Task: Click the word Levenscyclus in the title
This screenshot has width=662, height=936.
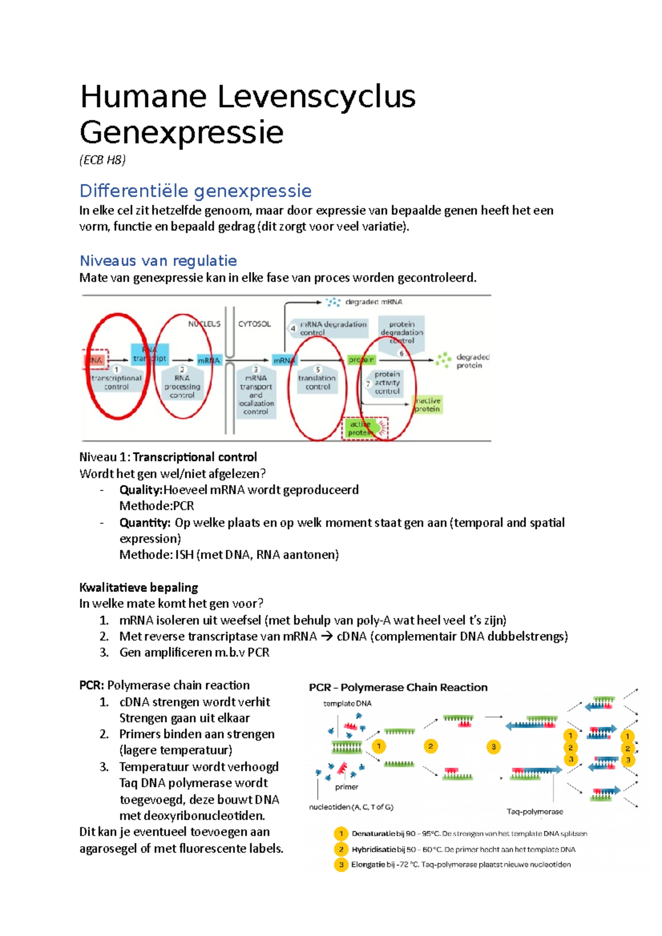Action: (x=316, y=97)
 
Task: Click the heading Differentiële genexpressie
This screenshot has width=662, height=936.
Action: (x=195, y=191)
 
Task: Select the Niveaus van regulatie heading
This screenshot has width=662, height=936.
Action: (x=158, y=261)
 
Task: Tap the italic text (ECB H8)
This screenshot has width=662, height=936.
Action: (x=103, y=160)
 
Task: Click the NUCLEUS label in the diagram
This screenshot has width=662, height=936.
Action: (x=204, y=324)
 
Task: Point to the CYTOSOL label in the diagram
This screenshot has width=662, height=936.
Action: (x=254, y=324)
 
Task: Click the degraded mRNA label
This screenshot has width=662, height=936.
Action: (x=373, y=302)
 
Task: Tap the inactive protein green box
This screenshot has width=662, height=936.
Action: (x=428, y=405)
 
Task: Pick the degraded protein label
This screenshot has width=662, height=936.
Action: (x=472, y=361)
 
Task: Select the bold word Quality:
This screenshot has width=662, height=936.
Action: (x=141, y=490)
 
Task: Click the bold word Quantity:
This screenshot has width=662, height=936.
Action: (x=145, y=523)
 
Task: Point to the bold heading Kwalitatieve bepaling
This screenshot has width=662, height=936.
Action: (x=138, y=587)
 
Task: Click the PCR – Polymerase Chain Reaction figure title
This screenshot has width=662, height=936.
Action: (x=398, y=687)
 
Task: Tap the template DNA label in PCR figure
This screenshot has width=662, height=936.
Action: (x=347, y=703)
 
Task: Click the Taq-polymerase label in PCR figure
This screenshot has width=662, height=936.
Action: (x=535, y=811)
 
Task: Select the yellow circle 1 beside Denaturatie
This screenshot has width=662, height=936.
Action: (x=341, y=833)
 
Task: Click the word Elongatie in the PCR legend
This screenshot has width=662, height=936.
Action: (x=368, y=864)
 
